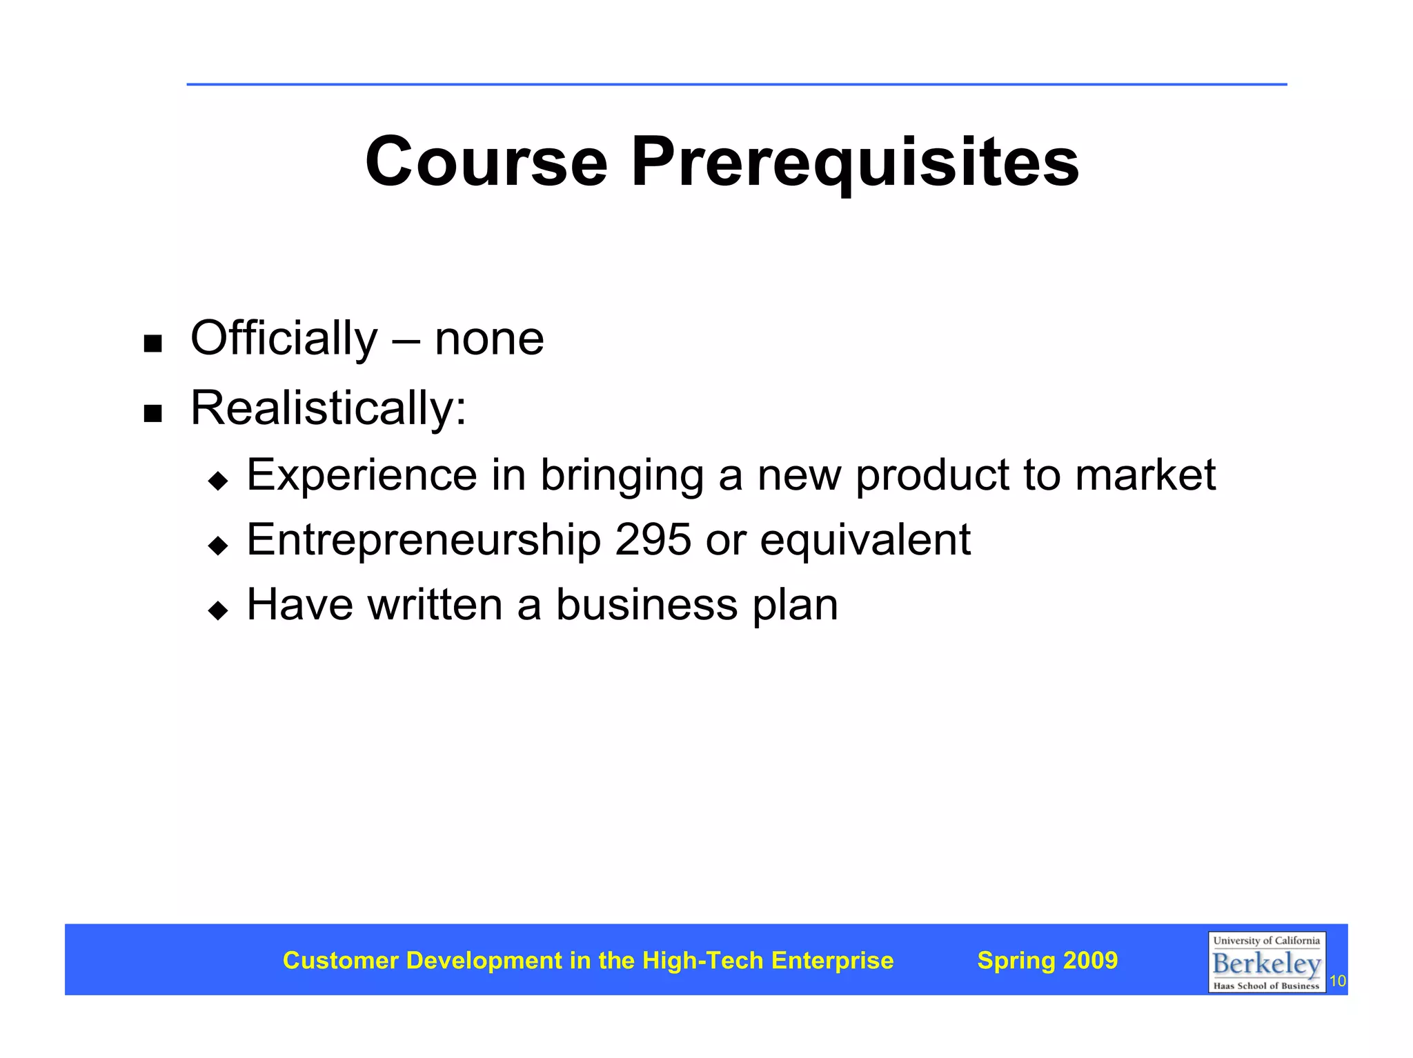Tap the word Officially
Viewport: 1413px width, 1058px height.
coord(284,339)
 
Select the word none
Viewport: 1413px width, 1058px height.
coord(489,339)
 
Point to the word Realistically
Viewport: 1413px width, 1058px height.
coord(328,408)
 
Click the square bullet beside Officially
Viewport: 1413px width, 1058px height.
coord(152,343)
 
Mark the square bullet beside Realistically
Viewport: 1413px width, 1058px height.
coord(152,413)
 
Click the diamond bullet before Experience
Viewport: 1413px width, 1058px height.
coord(218,481)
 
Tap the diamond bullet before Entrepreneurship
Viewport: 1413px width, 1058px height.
coord(218,546)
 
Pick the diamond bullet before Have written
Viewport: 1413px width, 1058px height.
coord(218,610)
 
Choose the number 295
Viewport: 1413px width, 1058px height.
coord(653,539)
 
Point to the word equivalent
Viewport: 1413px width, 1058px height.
coord(865,540)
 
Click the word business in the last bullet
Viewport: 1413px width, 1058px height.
coord(646,604)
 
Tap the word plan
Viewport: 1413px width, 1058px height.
coord(795,606)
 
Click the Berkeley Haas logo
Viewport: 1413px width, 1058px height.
coord(1266,962)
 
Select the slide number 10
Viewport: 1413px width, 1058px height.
coord(1337,981)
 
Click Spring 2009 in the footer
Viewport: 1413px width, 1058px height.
coord(1047,960)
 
